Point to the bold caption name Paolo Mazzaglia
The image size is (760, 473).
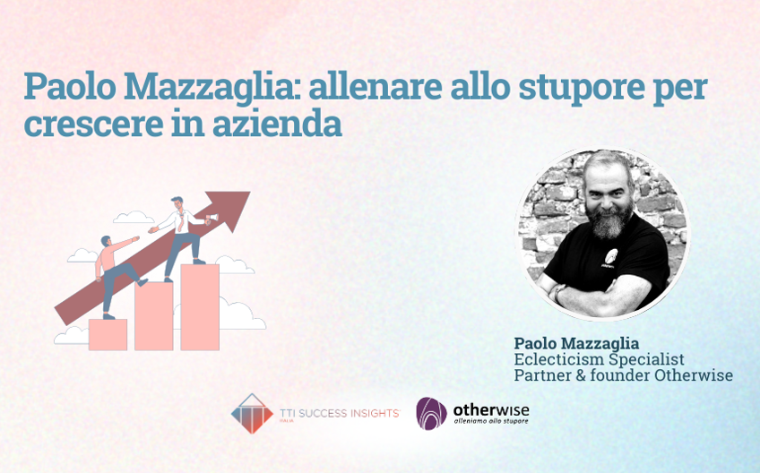point(576,343)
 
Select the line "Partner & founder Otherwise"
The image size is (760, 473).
point(623,375)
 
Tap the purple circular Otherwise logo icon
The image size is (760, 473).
point(431,413)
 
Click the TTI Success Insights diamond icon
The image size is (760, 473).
point(252,413)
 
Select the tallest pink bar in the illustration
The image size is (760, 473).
point(199,306)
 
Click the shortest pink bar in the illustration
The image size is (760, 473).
point(108,334)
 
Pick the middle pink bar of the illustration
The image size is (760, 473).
point(153,315)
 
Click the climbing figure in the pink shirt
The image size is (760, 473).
point(114,269)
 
